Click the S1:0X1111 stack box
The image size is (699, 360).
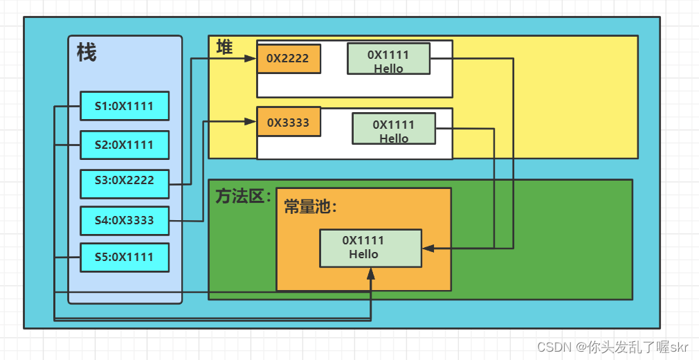tap(125, 106)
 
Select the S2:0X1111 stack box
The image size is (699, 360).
tap(125, 145)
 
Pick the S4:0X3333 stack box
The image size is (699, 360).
tap(125, 221)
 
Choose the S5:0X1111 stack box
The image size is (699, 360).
tap(125, 257)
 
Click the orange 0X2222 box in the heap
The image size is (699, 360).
tap(288, 59)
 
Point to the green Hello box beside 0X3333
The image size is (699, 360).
tap(394, 129)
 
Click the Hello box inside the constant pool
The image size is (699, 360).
tap(370, 247)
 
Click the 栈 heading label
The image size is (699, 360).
tap(87, 53)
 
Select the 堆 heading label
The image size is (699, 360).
tap(224, 47)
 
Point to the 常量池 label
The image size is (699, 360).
tap(310, 207)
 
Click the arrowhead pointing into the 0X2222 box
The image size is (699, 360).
tap(251, 59)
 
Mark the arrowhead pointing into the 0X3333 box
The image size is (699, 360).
tap(251, 122)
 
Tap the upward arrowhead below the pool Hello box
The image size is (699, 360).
tap(371, 273)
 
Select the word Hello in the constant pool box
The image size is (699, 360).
tap(363, 254)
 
